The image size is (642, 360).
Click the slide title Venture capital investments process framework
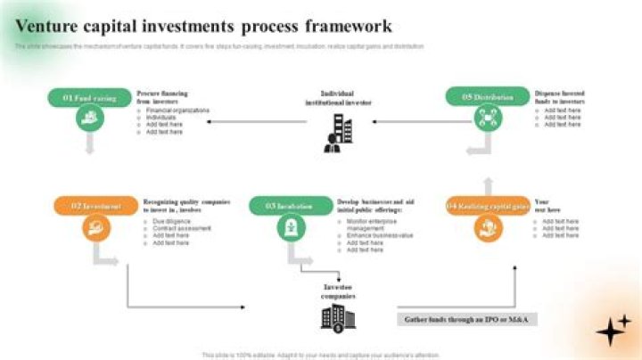click(x=203, y=26)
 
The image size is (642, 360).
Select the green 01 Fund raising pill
click(x=89, y=97)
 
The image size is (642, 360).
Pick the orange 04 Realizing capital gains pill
click(x=487, y=206)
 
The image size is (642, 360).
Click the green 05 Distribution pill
click(x=487, y=97)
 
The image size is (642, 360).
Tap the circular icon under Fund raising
click(x=89, y=118)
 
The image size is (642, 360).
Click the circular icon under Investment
click(x=95, y=228)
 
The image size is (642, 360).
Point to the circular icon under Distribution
click(x=487, y=118)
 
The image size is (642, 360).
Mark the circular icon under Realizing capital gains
click(x=487, y=228)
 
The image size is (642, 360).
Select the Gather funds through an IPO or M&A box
click(x=467, y=318)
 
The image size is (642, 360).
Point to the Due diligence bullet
click(x=172, y=220)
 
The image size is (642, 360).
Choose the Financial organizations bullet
click(x=177, y=110)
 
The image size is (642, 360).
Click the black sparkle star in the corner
click(x=612, y=330)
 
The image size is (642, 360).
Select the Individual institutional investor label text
click(x=338, y=97)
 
